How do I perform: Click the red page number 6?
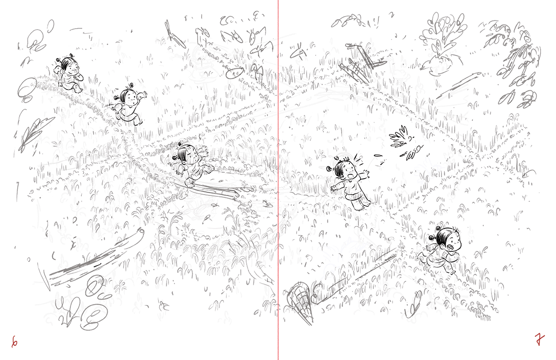point(15,342)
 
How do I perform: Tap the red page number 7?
point(539,340)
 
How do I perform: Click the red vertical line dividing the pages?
point(278,180)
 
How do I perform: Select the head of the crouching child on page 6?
point(69,65)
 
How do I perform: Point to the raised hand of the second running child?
point(143,95)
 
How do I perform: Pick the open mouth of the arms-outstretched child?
point(350,176)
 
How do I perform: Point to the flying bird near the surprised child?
point(402,139)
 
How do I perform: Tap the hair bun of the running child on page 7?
point(432,238)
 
